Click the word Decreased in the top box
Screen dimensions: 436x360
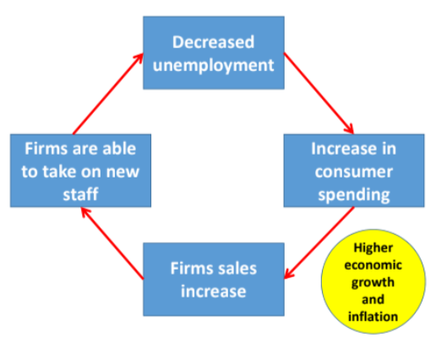[x=213, y=42]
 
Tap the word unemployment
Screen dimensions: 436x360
[x=213, y=66]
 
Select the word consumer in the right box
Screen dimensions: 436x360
[x=354, y=172]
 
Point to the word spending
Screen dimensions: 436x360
[x=354, y=195]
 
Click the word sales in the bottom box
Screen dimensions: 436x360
[x=237, y=269]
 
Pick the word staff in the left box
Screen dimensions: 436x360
[x=80, y=194]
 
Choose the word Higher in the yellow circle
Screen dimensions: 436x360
[x=373, y=248]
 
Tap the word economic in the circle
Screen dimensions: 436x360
[x=373, y=265]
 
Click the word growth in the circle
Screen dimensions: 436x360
[x=373, y=283]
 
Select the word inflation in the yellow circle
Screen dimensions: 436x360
[x=373, y=317]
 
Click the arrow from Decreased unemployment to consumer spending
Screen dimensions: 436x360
[x=319, y=93]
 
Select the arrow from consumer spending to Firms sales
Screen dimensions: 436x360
[x=319, y=243]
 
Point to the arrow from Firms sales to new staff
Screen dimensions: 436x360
[x=112, y=243]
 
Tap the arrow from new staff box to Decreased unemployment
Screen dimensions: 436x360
[x=108, y=94]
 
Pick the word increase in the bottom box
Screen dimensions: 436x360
[x=213, y=292]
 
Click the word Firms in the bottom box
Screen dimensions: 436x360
[x=191, y=269]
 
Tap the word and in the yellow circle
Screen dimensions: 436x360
[x=373, y=299]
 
